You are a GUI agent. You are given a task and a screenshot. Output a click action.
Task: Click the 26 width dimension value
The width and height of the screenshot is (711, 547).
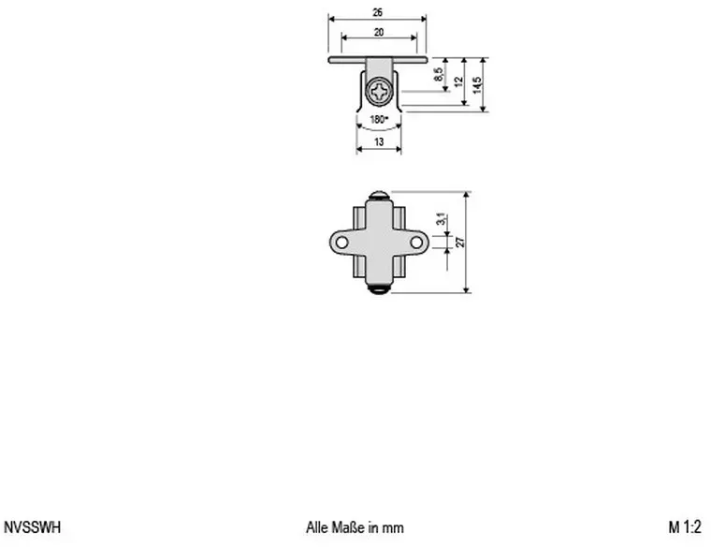[x=377, y=13]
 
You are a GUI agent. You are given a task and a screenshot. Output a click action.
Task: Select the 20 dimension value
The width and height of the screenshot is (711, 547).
[x=379, y=32]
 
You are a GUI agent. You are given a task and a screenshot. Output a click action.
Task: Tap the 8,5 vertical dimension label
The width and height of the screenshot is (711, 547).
[x=438, y=74]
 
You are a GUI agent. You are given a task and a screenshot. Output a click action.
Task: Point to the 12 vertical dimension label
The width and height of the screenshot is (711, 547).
[x=458, y=81]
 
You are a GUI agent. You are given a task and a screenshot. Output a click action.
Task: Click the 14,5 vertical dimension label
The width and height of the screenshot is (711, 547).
[x=477, y=85]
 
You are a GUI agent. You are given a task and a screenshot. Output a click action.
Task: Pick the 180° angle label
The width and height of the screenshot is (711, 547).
[x=379, y=119]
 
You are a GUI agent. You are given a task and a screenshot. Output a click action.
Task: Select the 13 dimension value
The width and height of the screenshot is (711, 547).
[x=379, y=142]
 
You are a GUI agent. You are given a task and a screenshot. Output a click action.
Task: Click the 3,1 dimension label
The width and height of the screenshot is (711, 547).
[x=441, y=219]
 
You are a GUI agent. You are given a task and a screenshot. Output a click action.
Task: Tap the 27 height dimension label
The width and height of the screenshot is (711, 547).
[x=460, y=242]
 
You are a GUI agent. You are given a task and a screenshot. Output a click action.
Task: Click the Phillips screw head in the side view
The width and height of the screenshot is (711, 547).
[x=379, y=92]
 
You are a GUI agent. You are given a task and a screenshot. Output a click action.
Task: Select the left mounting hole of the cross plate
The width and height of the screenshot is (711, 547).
[x=341, y=243]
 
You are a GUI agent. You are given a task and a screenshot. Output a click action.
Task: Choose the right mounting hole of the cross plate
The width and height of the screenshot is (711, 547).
[x=416, y=243]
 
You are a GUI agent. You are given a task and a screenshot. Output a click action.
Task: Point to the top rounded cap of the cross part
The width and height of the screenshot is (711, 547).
[x=379, y=196]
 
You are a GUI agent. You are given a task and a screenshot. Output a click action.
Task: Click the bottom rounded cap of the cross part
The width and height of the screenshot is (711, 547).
[x=379, y=289]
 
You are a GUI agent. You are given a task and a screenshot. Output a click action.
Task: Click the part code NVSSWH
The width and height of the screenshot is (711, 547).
[x=32, y=527]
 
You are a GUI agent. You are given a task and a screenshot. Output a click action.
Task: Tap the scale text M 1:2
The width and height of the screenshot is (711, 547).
[x=685, y=527]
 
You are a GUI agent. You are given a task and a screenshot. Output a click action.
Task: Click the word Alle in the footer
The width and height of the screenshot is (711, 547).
[x=317, y=527]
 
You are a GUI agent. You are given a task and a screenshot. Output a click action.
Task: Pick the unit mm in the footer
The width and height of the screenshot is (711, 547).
[x=393, y=529]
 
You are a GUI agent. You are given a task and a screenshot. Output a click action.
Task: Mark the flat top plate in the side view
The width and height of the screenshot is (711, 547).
[x=378, y=60]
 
